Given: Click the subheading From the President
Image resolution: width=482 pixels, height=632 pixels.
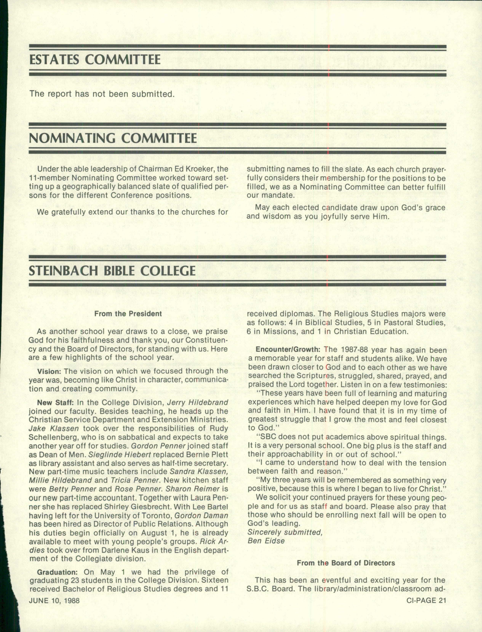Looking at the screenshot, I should click(x=128, y=314).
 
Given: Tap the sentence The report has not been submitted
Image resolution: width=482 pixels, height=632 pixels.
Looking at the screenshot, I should click(x=102, y=94).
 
